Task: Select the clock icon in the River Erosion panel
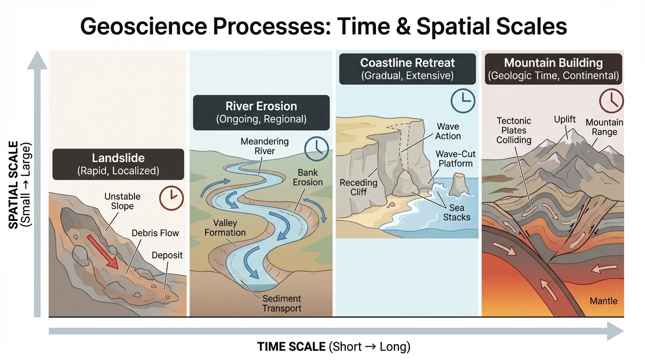(x=316, y=148)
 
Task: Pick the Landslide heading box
(x=118, y=164)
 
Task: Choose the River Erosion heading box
(x=261, y=112)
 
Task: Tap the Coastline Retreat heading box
(x=407, y=69)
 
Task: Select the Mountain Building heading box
(x=553, y=69)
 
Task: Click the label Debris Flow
(x=155, y=232)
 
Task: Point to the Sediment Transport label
(x=282, y=303)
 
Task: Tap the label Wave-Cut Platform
(x=454, y=158)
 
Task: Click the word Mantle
(x=604, y=301)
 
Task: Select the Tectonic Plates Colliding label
(x=514, y=130)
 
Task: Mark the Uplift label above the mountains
(x=565, y=119)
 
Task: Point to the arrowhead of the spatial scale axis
(x=37, y=60)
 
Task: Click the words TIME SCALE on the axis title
(x=291, y=347)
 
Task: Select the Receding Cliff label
(x=359, y=187)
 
